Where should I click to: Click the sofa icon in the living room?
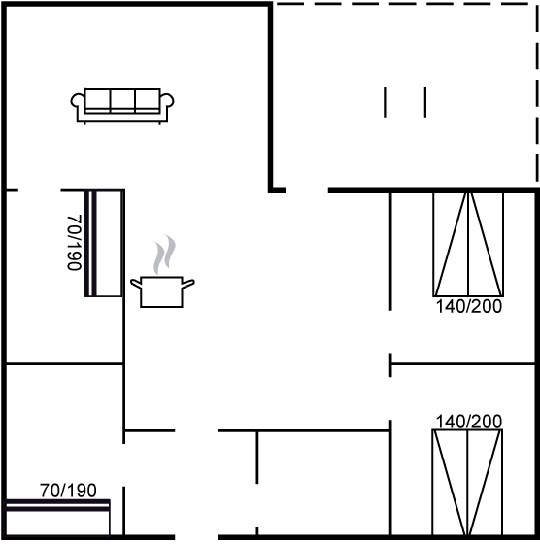pyautogui.click(x=122, y=107)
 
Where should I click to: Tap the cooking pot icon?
pyautogui.click(x=162, y=291)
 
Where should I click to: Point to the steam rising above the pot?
pyautogui.click(x=164, y=254)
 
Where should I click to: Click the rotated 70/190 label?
pyautogui.click(x=74, y=243)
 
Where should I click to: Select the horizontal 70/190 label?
pyautogui.click(x=68, y=491)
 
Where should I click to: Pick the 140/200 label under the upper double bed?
pyautogui.click(x=468, y=306)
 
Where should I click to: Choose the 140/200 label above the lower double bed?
pyautogui.click(x=468, y=422)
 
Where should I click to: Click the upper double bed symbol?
pyautogui.click(x=468, y=245)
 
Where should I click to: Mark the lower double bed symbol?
pyautogui.click(x=467, y=483)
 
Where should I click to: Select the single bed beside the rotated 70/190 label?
pyautogui.click(x=104, y=243)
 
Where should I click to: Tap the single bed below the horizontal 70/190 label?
pyautogui.click(x=58, y=518)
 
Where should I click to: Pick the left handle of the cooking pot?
pyautogui.click(x=136, y=283)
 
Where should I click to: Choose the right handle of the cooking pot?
pyautogui.click(x=188, y=283)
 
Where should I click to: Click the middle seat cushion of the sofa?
pyautogui.click(x=122, y=101)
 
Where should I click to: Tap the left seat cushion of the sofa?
pyautogui.click(x=97, y=101)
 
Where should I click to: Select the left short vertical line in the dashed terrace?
pyautogui.click(x=385, y=102)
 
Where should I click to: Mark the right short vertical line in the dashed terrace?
pyautogui.click(x=425, y=102)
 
